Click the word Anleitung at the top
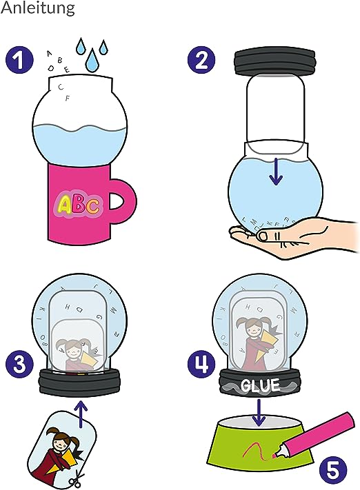37,8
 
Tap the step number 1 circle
19,59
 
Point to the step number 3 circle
19,365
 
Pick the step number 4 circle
201,363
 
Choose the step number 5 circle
332,470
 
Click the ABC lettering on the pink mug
79,205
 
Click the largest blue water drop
92,60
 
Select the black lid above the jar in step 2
274,63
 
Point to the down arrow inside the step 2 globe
276,171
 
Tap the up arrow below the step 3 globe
81,414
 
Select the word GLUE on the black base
259,386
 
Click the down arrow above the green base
258,413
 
